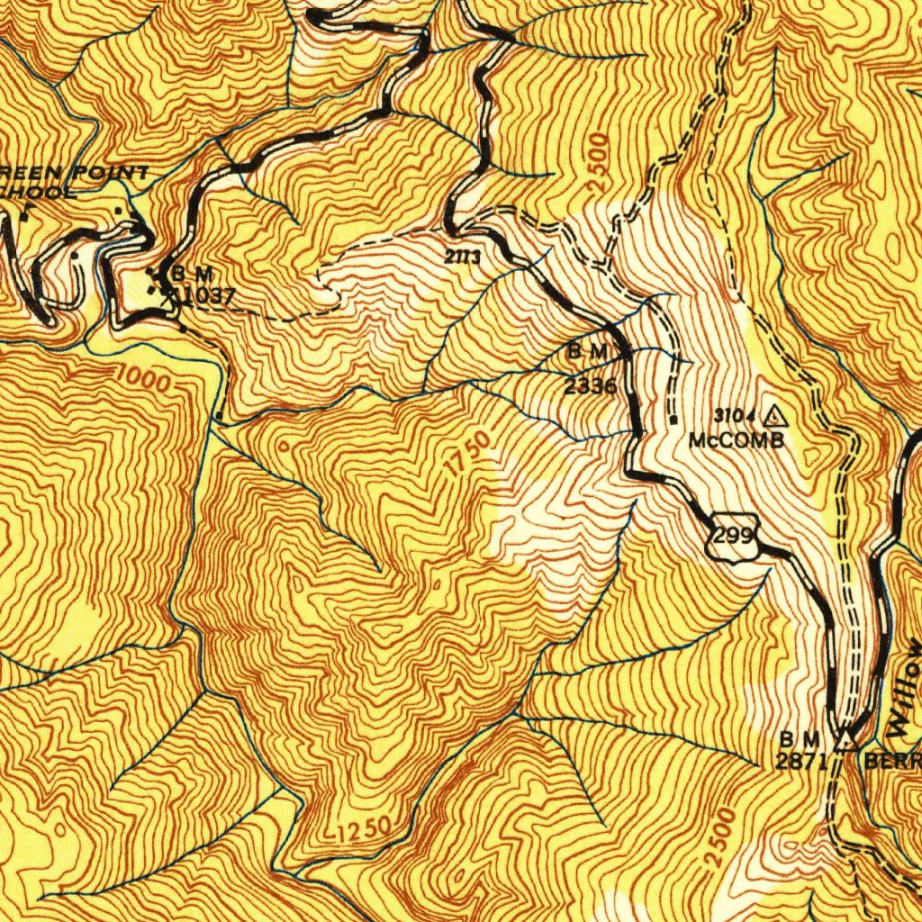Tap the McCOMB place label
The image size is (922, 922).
tap(737, 440)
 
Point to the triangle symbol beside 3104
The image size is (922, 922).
tap(773, 416)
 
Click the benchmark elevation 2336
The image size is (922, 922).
tap(591, 387)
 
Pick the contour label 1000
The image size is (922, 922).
tap(144, 380)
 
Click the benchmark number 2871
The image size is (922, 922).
tap(801, 760)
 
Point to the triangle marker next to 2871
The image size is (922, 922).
tap(845, 740)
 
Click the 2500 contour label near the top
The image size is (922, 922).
tap(598, 161)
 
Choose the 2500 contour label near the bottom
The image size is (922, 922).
tap(720, 838)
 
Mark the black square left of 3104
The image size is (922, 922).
tap(673, 418)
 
